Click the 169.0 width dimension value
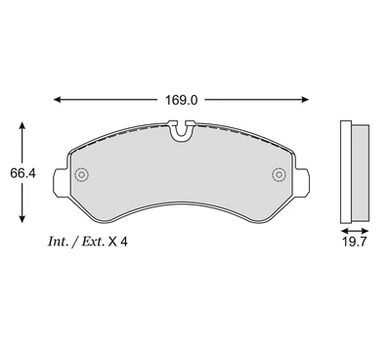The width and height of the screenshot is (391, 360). (x=181, y=100)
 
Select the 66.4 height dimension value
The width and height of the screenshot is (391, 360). (x=22, y=173)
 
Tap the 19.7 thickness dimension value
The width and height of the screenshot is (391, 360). (x=354, y=242)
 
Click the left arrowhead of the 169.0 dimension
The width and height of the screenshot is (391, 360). (x=58, y=100)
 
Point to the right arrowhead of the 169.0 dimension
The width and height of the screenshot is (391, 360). (x=305, y=100)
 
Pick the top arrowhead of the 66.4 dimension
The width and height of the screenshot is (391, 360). (x=22, y=125)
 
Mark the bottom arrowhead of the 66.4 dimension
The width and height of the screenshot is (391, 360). (x=22, y=219)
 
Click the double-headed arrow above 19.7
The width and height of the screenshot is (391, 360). (x=354, y=231)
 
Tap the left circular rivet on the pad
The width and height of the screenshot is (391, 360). (x=81, y=175)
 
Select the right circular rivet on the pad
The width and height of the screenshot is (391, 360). (x=279, y=175)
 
